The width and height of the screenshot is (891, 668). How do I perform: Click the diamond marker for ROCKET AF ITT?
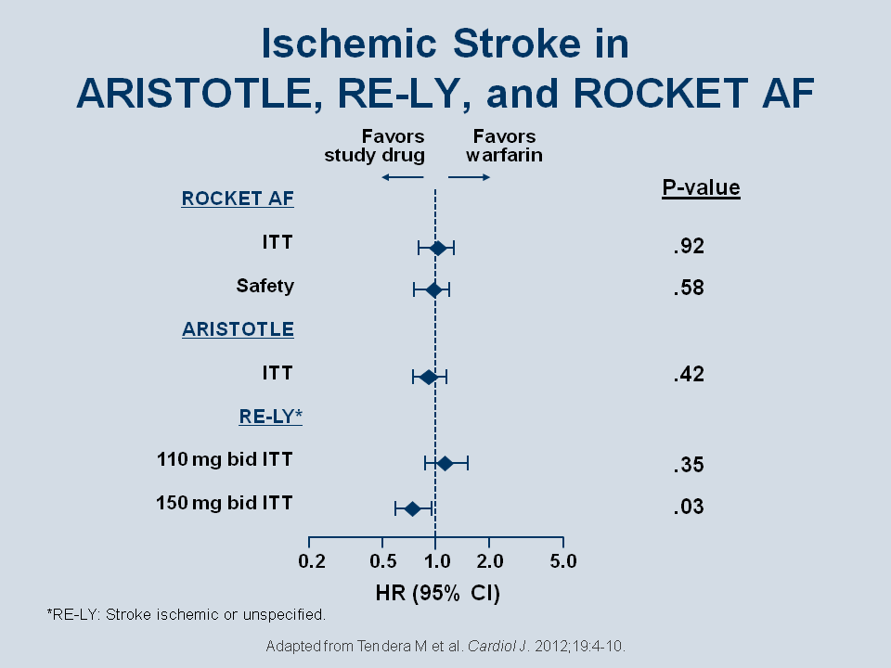[x=437, y=248]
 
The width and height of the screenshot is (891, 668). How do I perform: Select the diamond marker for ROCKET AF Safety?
[x=433, y=289]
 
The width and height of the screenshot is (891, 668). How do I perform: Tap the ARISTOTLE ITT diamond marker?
[x=429, y=377]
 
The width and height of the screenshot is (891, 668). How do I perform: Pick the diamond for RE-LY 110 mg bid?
[x=445, y=464]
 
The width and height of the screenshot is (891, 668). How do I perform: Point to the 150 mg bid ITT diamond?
[x=412, y=508]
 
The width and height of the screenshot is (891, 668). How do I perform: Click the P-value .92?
[x=689, y=246]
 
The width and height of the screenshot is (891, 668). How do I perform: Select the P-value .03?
[x=689, y=507]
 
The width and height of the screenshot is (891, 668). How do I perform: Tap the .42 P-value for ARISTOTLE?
[x=689, y=374]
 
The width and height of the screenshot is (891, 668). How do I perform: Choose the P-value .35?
[x=689, y=465]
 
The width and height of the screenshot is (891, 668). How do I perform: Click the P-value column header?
[x=702, y=187]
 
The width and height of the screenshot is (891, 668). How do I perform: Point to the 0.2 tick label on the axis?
[x=312, y=561]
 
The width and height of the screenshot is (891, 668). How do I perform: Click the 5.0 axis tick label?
[x=563, y=561]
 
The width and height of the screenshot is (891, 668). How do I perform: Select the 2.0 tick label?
[x=490, y=561]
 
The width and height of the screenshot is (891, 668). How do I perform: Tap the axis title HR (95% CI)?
[x=437, y=593]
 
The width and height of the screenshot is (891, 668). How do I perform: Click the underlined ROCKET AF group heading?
[x=238, y=199]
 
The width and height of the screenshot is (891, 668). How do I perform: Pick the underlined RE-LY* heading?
[x=270, y=417]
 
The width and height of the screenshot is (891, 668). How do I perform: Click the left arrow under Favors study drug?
[x=403, y=177]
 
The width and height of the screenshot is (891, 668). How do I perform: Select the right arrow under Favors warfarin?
[x=469, y=177]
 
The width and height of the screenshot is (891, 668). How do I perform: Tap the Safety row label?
[x=265, y=286]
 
